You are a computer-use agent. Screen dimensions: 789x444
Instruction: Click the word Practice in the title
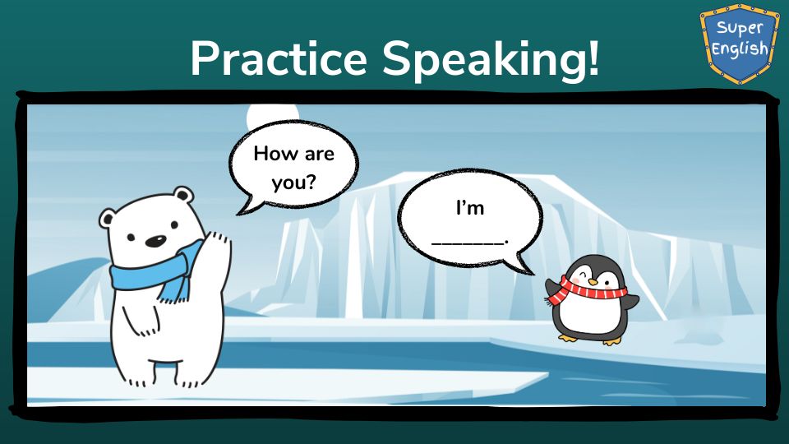coord(279,58)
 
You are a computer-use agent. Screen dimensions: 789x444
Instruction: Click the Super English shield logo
coord(739,43)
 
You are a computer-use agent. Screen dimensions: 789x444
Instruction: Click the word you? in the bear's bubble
coord(294,182)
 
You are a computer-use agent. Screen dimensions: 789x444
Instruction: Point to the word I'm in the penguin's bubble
coord(470,207)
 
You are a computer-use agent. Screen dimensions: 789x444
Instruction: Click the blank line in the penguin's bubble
coord(468,243)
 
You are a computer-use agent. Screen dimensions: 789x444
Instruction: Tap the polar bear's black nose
coord(155,242)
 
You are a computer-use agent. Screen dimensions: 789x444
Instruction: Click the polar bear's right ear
coord(183,195)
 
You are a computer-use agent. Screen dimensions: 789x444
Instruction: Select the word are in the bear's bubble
coord(319,155)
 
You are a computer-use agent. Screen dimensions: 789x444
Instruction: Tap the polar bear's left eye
coord(131,237)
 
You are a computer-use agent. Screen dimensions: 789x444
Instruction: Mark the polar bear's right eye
coord(174,225)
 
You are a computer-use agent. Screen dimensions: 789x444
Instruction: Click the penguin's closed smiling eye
coord(583,275)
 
